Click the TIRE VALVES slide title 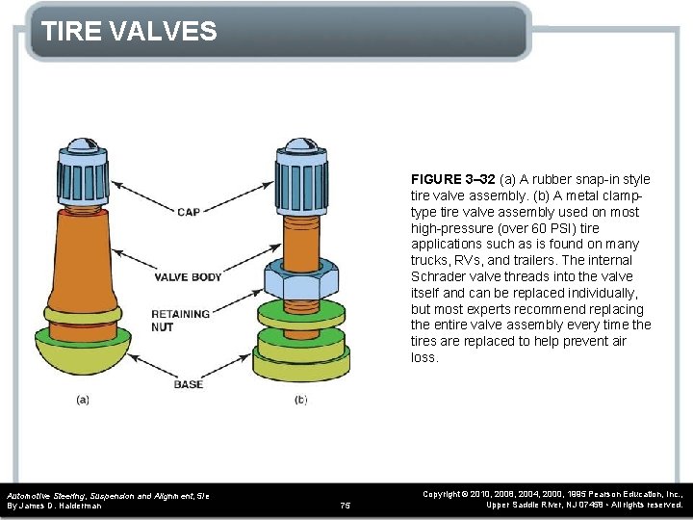point(130,32)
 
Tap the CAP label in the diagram point(189,212)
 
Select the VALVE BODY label point(188,277)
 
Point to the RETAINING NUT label point(180,321)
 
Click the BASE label point(188,384)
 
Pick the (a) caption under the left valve point(83,399)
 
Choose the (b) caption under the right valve point(300,399)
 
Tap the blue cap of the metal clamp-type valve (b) point(300,169)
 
